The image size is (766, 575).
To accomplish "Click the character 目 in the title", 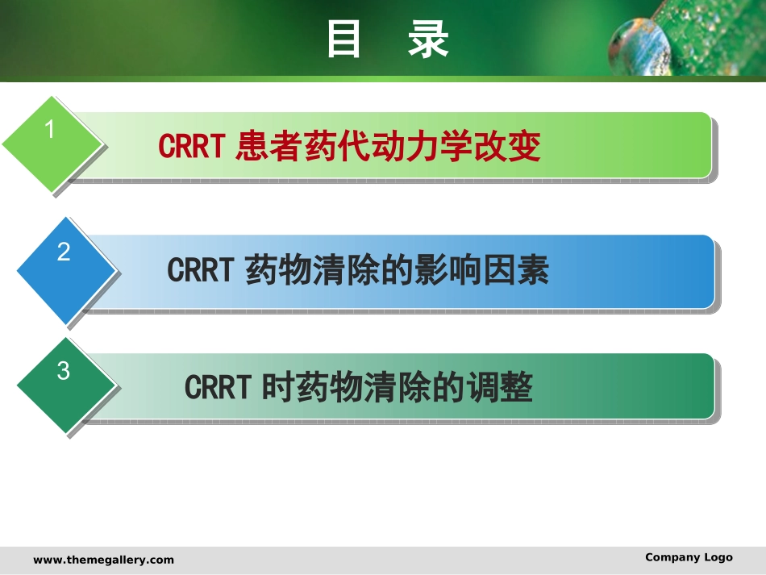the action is pyautogui.click(x=343, y=39).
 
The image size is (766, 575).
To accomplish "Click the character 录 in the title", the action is pyautogui.click(x=428, y=39).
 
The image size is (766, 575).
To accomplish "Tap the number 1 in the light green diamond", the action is pyautogui.click(x=49, y=130).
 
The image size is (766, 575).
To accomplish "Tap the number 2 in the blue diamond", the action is pyautogui.click(x=64, y=252).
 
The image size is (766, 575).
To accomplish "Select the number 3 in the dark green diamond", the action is pyautogui.click(x=64, y=371).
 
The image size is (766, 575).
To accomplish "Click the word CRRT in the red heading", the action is pyautogui.click(x=192, y=146).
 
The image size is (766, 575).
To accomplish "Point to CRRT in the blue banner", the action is pyautogui.click(x=200, y=269).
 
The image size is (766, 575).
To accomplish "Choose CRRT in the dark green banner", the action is pyautogui.click(x=218, y=387).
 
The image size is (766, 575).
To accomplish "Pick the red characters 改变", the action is pyautogui.click(x=507, y=146).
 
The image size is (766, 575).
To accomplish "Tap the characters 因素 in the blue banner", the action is pyautogui.click(x=516, y=270).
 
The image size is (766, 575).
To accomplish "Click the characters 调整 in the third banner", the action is pyautogui.click(x=500, y=387).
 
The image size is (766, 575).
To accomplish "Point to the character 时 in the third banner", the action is pyautogui.click(x=278, y=387).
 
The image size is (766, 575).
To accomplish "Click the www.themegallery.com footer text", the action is pyautogui.click(x=103, y=560).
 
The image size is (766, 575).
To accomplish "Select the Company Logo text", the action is pyautogui.click(x=689, y=557).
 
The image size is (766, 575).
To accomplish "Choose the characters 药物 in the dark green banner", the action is pyautogui.click(x=330, y=387).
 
